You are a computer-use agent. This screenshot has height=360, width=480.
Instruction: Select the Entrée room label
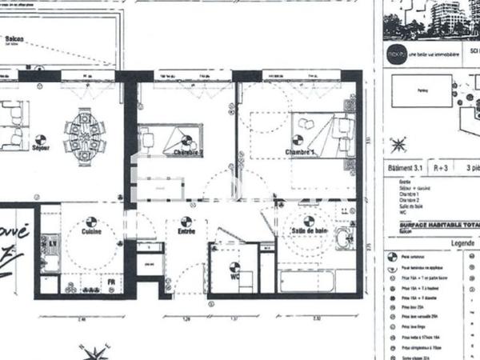186,232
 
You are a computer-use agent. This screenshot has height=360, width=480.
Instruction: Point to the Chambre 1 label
298,152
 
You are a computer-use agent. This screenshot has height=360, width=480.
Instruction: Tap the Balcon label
14,39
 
